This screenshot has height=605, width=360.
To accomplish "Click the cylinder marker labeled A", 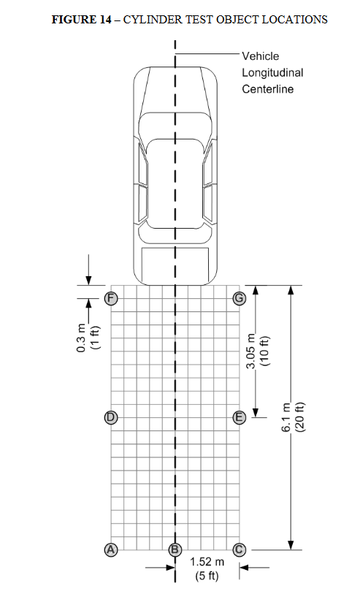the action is coord(111,549).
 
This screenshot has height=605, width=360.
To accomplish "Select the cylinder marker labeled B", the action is coord(175,549).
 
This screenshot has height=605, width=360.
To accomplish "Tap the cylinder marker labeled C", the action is coord(239,549).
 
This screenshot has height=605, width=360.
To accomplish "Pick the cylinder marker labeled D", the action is coord(111,417).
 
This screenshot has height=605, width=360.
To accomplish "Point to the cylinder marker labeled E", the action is coord(240,417).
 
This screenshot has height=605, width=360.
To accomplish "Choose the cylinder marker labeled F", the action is coord(111,298).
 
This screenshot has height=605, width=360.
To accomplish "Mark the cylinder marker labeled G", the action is coord(240,298).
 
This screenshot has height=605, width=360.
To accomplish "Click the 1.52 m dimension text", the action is coord(207,562).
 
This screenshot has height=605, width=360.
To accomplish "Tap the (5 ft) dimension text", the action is coord(207,576).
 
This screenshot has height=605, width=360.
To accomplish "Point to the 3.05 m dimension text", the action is coord(251,351).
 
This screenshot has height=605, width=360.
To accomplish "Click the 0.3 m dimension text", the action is coord(81,338).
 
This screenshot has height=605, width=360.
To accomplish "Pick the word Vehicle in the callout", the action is coord(260,56).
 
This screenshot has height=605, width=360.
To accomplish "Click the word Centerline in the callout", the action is coord(267,89).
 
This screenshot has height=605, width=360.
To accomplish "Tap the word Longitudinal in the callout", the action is coord(272,73).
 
